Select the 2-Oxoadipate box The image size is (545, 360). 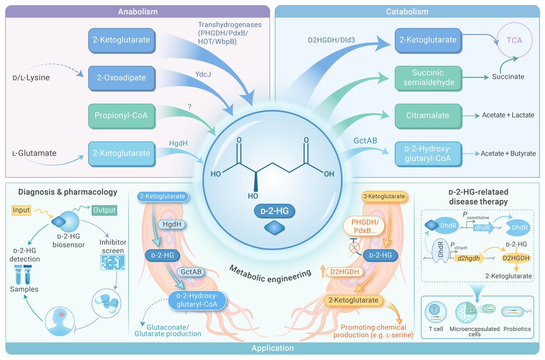pyautogui.click(x=120, y=78)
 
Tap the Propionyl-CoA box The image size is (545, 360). pyautogui.click(x=120, y=116)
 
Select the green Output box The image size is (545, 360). pyautogui.click(x=104, y=210)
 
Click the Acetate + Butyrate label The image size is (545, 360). pyautogui.click(x=510, y=153)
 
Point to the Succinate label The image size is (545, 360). pyautogui.click(x=508, y=77)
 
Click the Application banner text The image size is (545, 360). pyautogui.click(x=272, y=348)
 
